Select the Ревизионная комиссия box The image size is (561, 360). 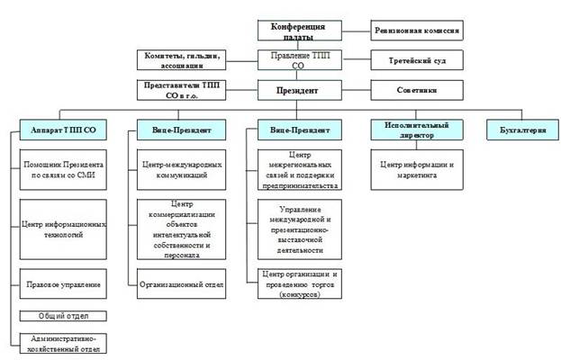417,31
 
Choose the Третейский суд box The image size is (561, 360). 417,61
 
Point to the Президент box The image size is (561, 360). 303,91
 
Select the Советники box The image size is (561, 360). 417,91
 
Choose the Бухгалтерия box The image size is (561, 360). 520,131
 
